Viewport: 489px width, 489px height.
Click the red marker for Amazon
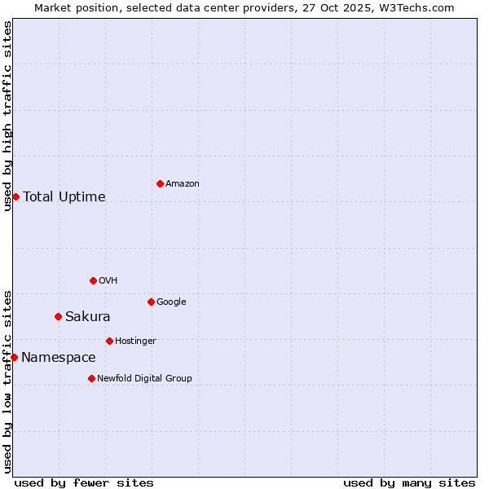click(x=160, y=183)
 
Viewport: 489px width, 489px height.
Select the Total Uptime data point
click(x=15, y=196)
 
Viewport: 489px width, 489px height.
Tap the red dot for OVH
click(x=93, y=280)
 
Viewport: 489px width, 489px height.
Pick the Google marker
click(x=151, y=302)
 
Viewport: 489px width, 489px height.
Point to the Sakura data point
click(x=58, y=316)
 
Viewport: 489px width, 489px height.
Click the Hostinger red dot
click(x=109, y=341)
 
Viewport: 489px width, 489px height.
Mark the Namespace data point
click(x=14, y=357)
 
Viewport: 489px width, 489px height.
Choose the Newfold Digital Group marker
click(x=91, y=378)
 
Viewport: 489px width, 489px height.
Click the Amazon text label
click(x=183, y=184)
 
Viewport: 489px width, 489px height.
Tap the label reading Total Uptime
click(x=64, y=196)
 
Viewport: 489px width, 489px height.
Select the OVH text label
click(x=108, y=281)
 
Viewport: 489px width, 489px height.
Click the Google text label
click(x=171, y=302)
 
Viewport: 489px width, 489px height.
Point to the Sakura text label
click(x=88, y=316)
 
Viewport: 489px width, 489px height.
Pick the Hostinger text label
click(x=135, y=341)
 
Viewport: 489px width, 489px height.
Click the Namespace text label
click(x=59, y=357)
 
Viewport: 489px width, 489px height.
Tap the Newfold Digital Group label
click(x=144, y=379)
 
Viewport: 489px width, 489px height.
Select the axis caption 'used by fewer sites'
click(x=84, y=482)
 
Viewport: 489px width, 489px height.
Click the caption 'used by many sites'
click(x=409, y=482)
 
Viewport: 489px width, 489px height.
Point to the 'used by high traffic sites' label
click(x=7, y=116)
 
